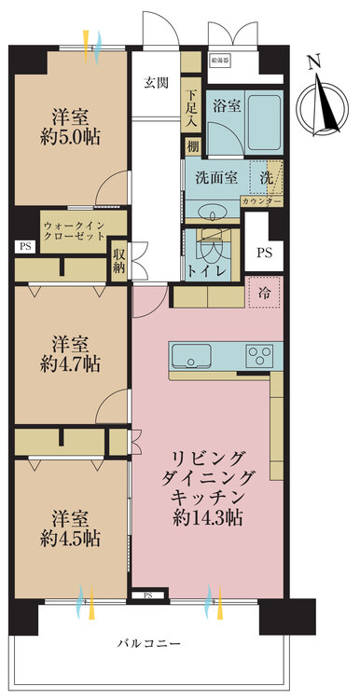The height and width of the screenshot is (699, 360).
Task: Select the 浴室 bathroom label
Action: [x=227, y=105]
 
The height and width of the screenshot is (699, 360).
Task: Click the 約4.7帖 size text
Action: [x=71, y=363]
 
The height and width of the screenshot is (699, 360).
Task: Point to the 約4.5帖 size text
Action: [x=71, y=539]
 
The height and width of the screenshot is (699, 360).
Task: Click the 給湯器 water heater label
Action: [x=222, y=62]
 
